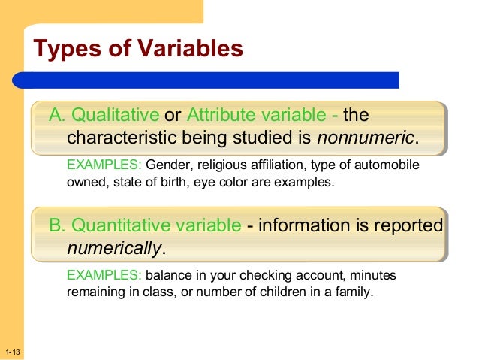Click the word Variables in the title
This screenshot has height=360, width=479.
pos(183,50)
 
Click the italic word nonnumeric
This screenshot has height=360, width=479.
pos(366,139)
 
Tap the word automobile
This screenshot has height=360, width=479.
pos(383,165)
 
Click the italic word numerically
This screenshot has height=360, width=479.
pos(114,248)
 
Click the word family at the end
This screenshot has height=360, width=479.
pos(352,292)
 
